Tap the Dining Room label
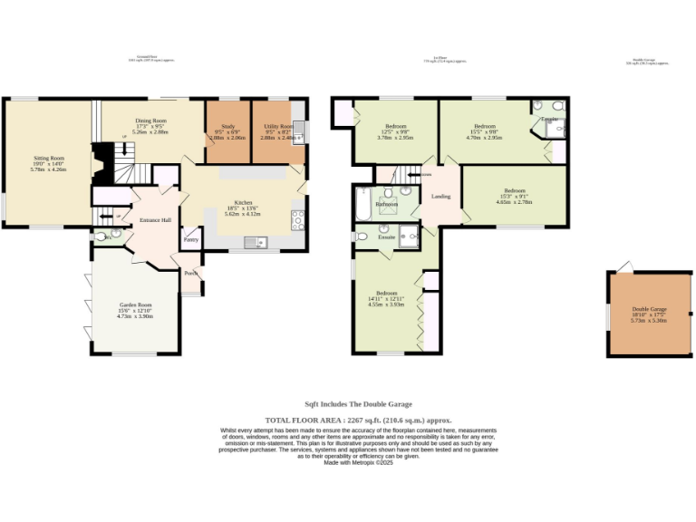point(150,121)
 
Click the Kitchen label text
point(242,202)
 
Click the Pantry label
point(191,240)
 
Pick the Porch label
point(190,273)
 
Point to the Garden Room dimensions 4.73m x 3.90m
point(134,316)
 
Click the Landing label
point(440,196)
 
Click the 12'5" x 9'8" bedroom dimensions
point(395,132)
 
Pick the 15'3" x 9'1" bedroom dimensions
point(514,197)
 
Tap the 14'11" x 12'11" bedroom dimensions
point(386,299)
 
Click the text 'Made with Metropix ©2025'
point(358,462)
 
